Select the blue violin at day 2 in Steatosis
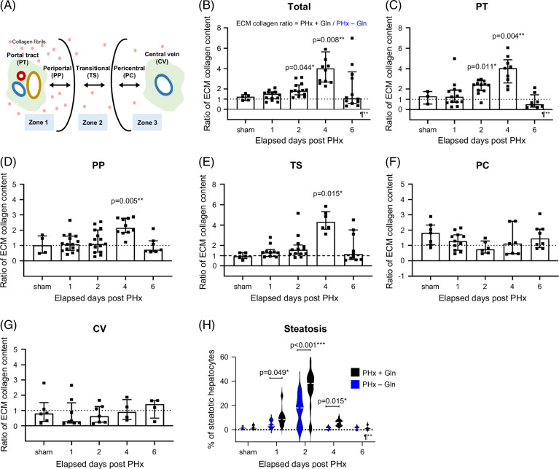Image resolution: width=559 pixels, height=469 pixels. [x=299, y=402]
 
